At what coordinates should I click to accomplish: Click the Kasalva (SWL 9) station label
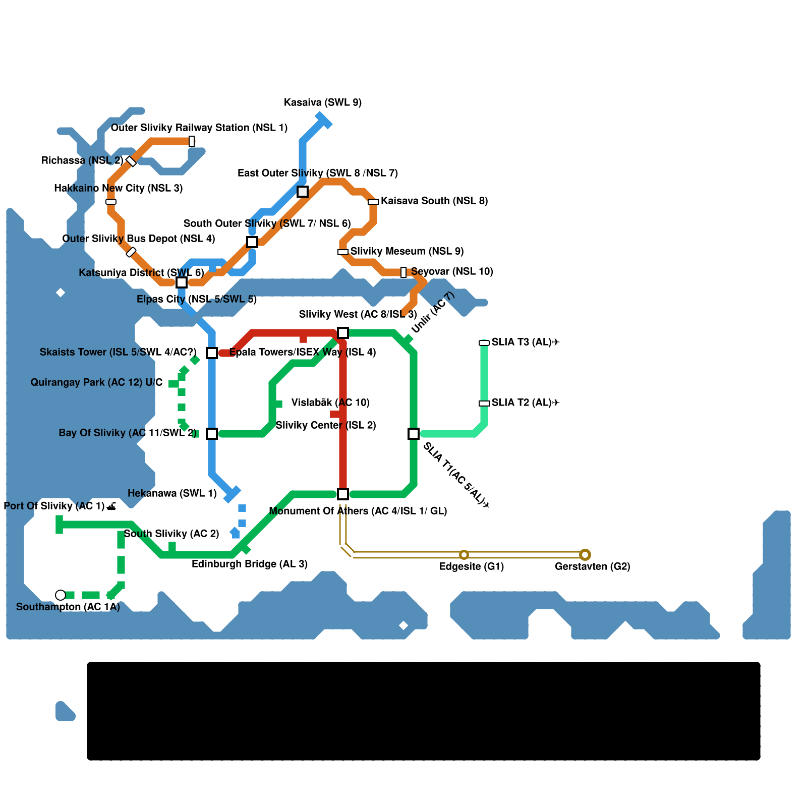(323, 103)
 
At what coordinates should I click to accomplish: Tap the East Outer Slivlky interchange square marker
(303, 192)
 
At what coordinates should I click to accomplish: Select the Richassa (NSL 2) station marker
(131, 161)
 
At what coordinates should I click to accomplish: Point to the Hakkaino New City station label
(118, 189)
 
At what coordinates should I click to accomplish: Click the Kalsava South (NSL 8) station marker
(373, 202)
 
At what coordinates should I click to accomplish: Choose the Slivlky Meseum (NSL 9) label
(407, 251)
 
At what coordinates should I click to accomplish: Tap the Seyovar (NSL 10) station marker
(403, 272)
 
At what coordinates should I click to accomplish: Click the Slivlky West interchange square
(343, 333)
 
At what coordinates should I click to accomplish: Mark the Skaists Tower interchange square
(212, 353)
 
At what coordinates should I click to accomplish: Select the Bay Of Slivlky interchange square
(212, 434)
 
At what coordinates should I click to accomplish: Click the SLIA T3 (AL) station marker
(484, 343)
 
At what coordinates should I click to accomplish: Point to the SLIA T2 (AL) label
(526, 402)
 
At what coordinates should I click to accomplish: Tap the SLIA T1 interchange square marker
(414, 434)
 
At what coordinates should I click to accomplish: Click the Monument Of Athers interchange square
(343, 494)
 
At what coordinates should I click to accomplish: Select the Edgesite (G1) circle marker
(464, 555)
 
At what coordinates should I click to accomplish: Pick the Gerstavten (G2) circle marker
(585, 555)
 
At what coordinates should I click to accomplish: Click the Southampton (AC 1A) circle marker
(61, 595)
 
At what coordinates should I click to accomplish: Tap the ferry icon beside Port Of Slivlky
(112, 506)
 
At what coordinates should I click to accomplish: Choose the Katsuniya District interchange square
(182, 282)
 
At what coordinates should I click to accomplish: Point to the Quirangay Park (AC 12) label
(96, 383)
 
